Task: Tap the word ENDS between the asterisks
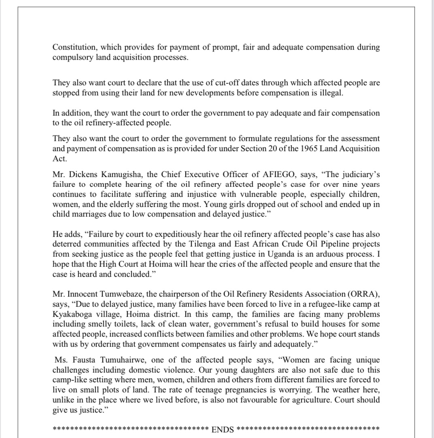pyautogui.click(x=223, y=429)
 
